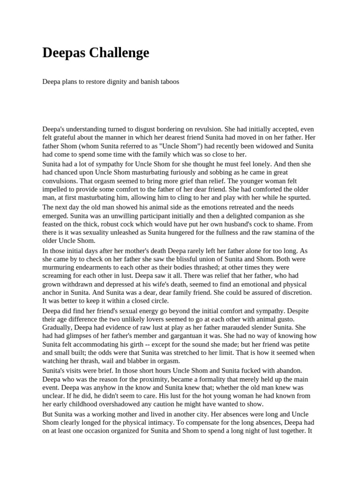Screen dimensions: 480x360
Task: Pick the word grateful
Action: point(63,137)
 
